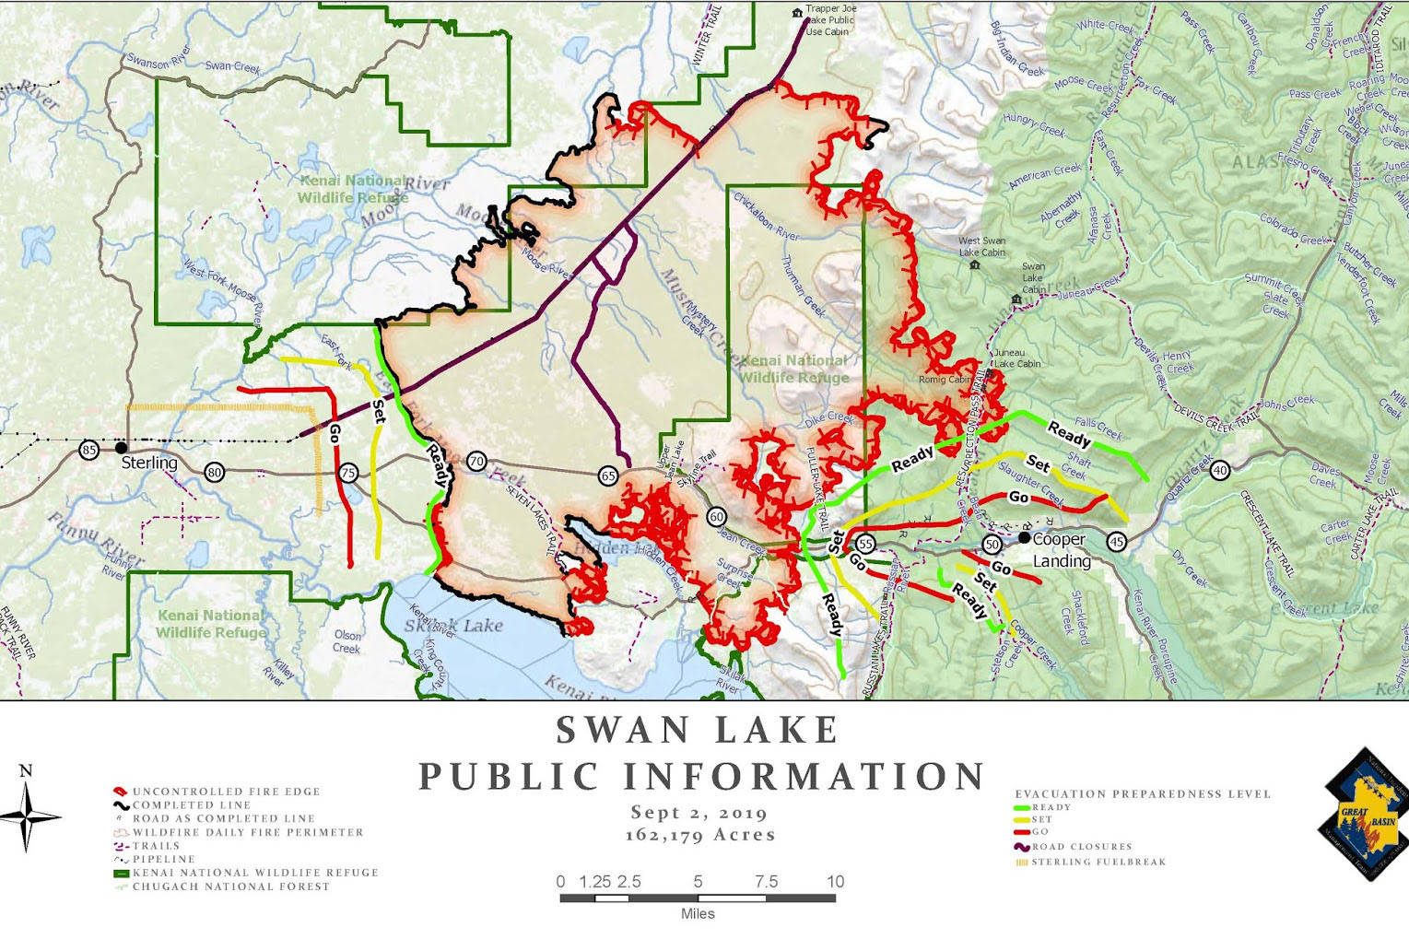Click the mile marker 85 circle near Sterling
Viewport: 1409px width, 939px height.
[x=88, y=450]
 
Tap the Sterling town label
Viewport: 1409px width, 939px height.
[x=149, y=463]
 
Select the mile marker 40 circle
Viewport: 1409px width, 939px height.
[x=1220, y=471]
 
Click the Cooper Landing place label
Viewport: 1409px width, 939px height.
[x=1060, y=550]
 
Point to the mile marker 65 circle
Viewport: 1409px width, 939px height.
[x=608, y=475]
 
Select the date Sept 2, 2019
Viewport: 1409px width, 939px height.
[x=699, y=813]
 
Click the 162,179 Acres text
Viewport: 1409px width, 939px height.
[x=699, y=835]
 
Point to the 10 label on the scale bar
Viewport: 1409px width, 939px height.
[x=835, y=882]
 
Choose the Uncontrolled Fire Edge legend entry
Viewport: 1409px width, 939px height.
[x=226, y=792]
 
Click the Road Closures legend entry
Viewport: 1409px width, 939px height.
[x=1082, y=847]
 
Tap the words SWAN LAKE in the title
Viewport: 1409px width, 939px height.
[x=699, y=730]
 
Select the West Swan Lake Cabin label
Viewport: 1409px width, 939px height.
[x=981, y=247]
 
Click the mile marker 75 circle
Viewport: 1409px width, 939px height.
[x=348, y=473]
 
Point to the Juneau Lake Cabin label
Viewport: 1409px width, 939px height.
[x=1016, y=358]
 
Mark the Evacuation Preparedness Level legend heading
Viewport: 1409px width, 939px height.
[x=1143, y=793]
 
